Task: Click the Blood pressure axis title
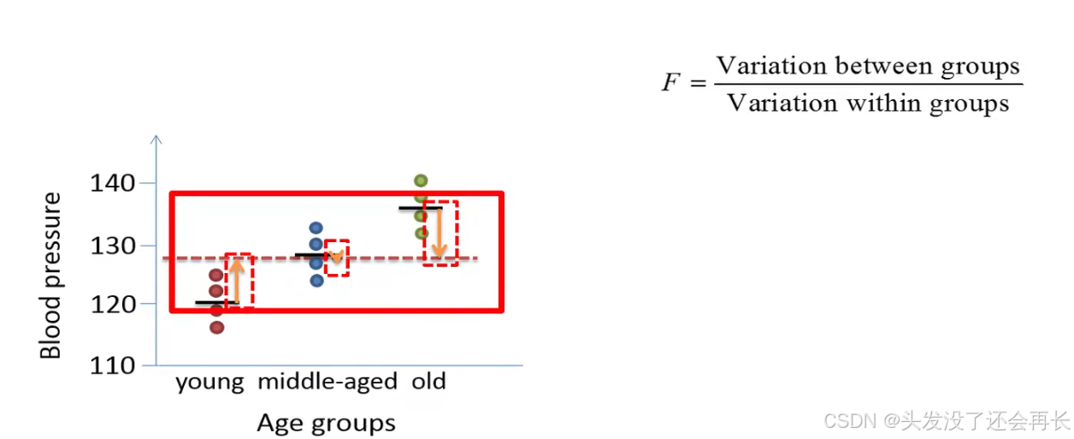point(51,276)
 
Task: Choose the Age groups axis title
point(326,423)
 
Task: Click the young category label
point(209,382)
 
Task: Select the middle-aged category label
point(328,382)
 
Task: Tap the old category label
point(428,381)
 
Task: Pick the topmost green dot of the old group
point(421,181)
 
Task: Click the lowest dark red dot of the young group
point(216,327)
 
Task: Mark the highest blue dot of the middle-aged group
point(316,228)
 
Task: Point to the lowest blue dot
point(316,280)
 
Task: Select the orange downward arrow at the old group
point(439,232)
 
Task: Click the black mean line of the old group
point(420,208)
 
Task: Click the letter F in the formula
point(671,83)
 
